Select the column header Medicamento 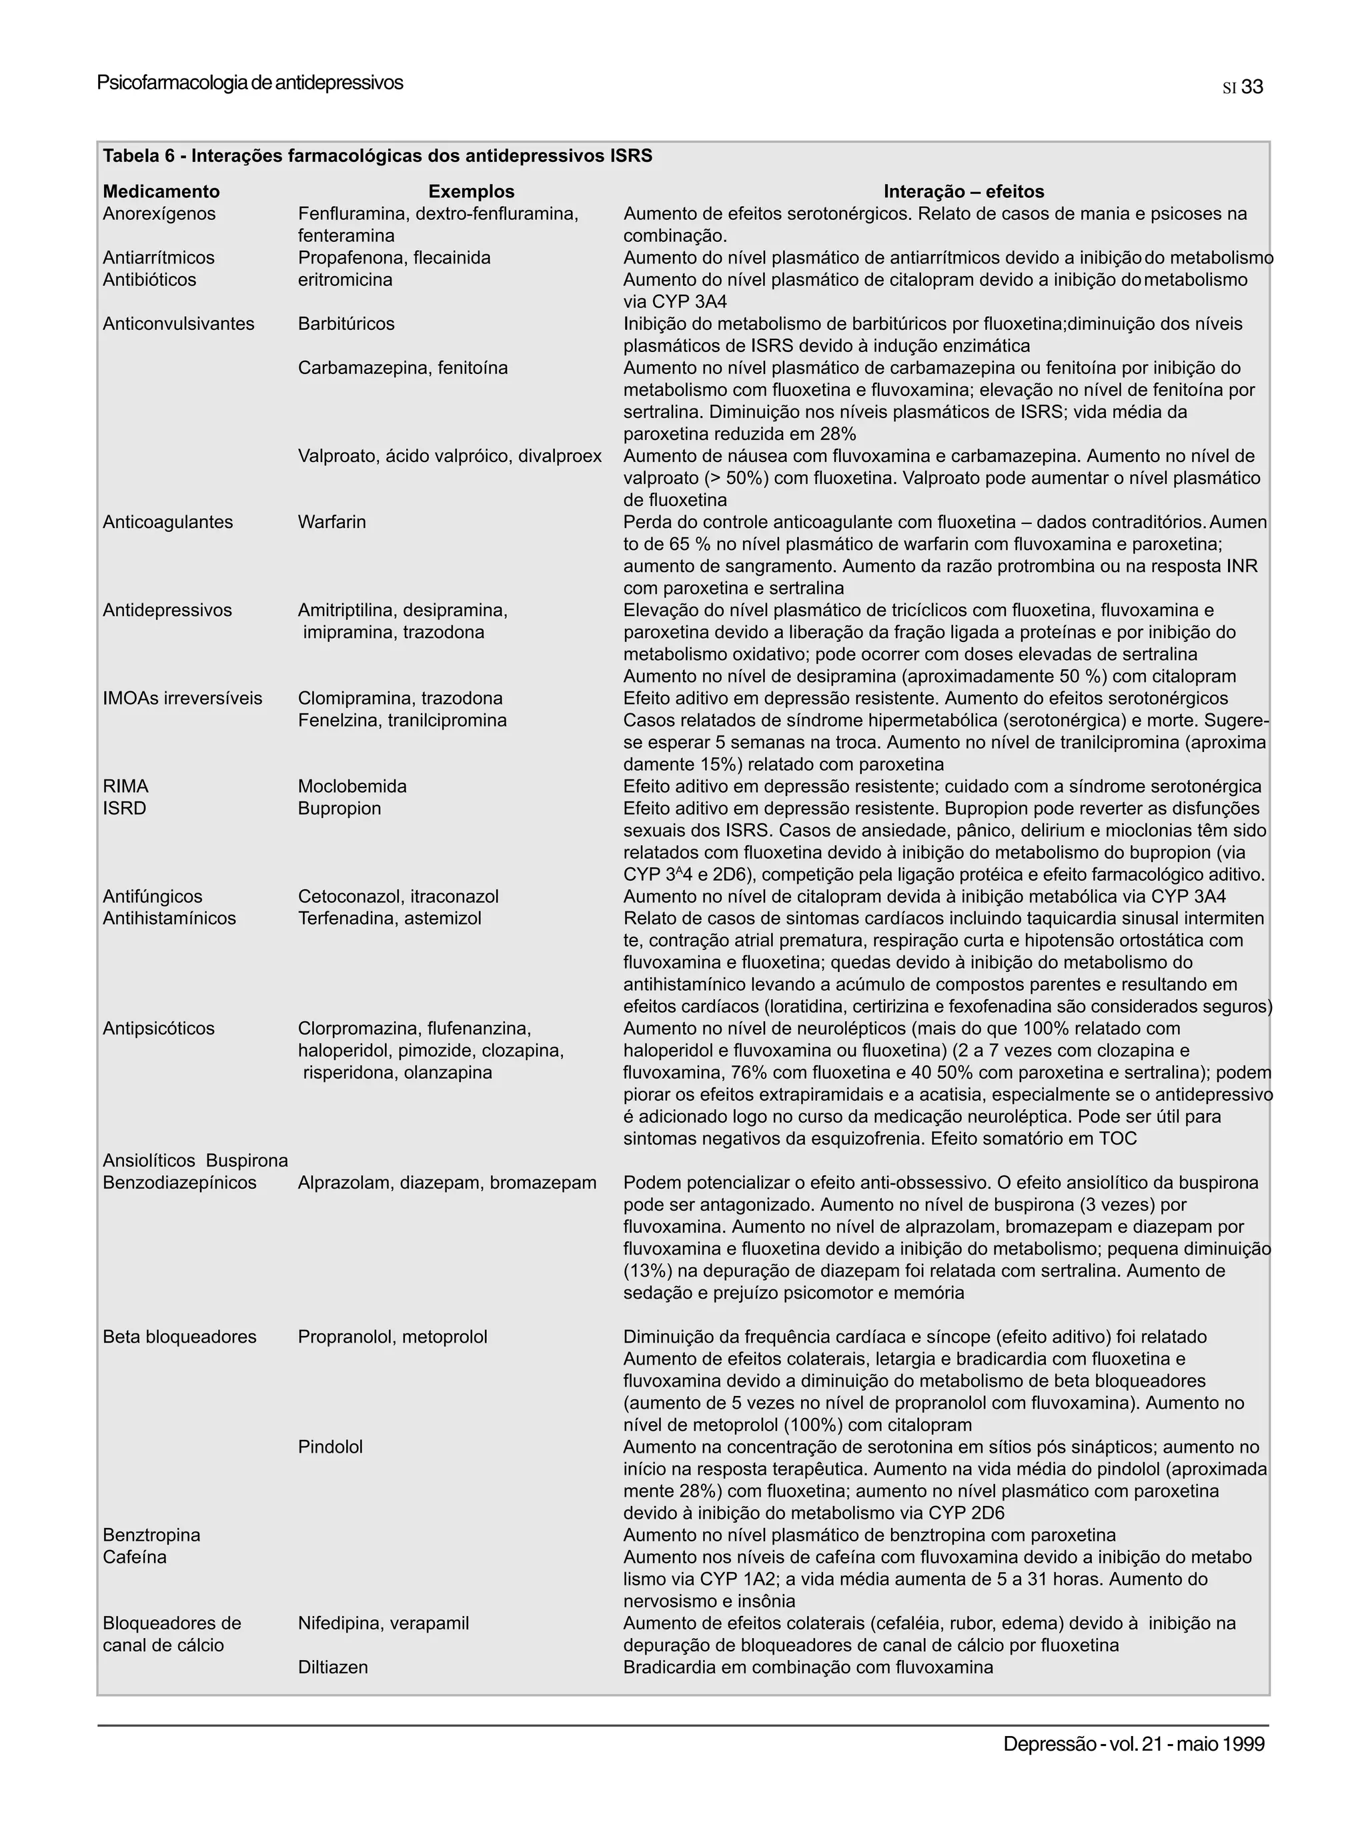pos(161,192)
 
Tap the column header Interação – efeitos pos(963,192)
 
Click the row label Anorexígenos pos(159,214)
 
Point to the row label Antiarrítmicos pos(158,258)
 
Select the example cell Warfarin pos(331,522)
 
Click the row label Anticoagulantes pos(167,522)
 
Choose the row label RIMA pos(125,787)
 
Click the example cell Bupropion pos(339,809)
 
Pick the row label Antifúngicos pos(153,897)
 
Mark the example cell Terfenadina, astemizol pos(389,919)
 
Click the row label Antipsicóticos pos(158,1029)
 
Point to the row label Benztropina pos(151,1535)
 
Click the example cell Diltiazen pos(332,1667)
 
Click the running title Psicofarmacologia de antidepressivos pos(249,83)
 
